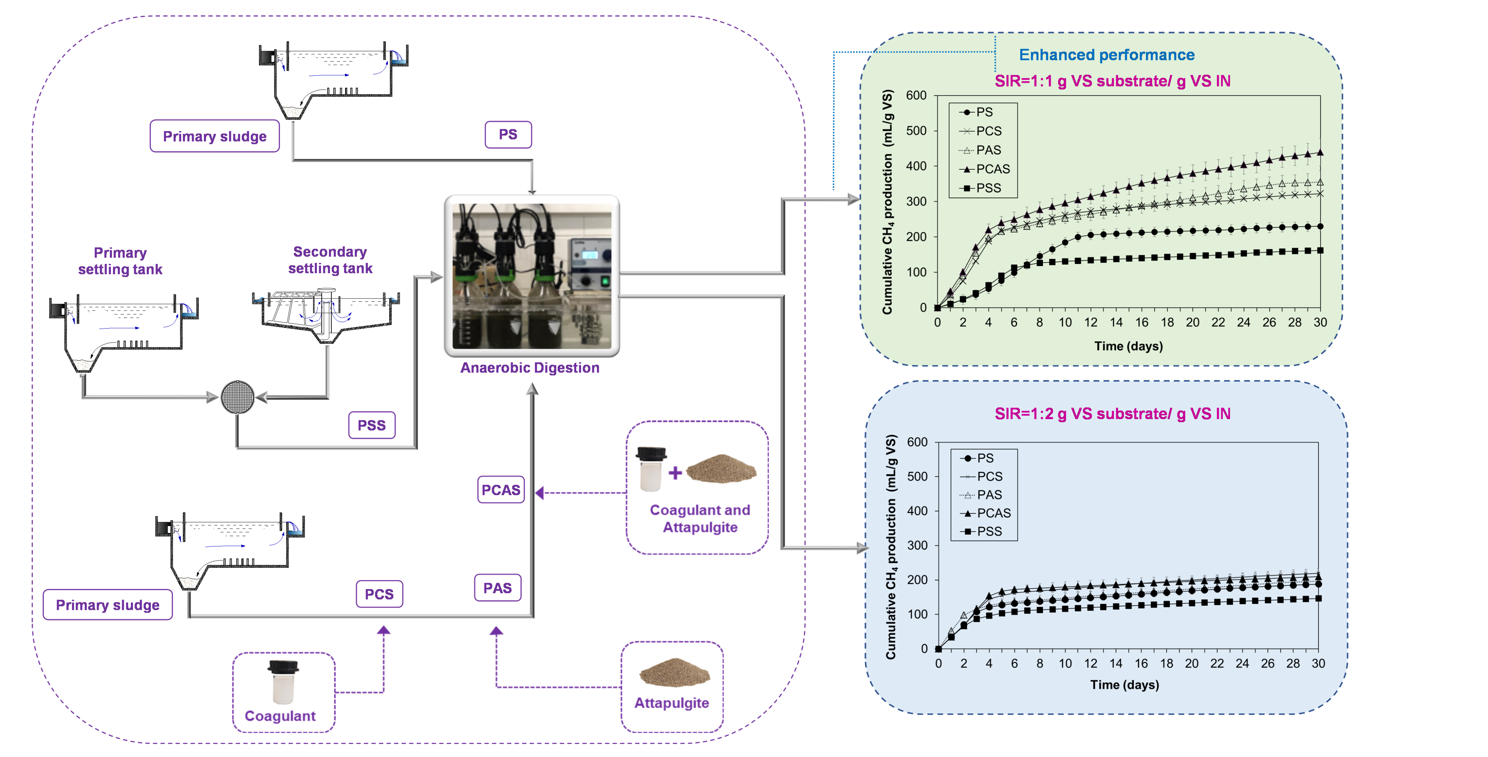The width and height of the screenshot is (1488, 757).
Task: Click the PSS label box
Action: [x=371, y=425]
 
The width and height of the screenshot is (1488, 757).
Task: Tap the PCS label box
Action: [x=379, y=594]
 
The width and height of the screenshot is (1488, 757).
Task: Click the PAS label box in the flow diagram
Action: [x=497, y=588]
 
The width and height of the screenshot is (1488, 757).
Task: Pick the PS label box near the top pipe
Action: [x=508, y=135]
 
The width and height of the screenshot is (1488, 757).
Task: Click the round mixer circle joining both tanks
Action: [x=237, y=397]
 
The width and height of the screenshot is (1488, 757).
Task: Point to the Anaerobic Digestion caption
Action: [x=529, y=368]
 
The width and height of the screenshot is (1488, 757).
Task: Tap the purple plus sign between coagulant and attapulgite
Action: [x=675, y=473]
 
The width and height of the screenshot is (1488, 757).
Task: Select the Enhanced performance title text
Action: [x=1106, y=55]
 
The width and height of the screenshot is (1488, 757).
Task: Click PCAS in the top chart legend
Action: [x=992, y=169]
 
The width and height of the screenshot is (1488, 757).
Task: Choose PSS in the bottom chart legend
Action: [x=989, y=531]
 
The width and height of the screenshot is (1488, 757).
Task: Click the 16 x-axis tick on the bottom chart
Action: [x=1141, y=663]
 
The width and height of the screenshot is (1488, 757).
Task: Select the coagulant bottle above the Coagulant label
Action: [x=283, y=683]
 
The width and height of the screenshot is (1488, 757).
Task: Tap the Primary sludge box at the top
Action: [x=214, y=136]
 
